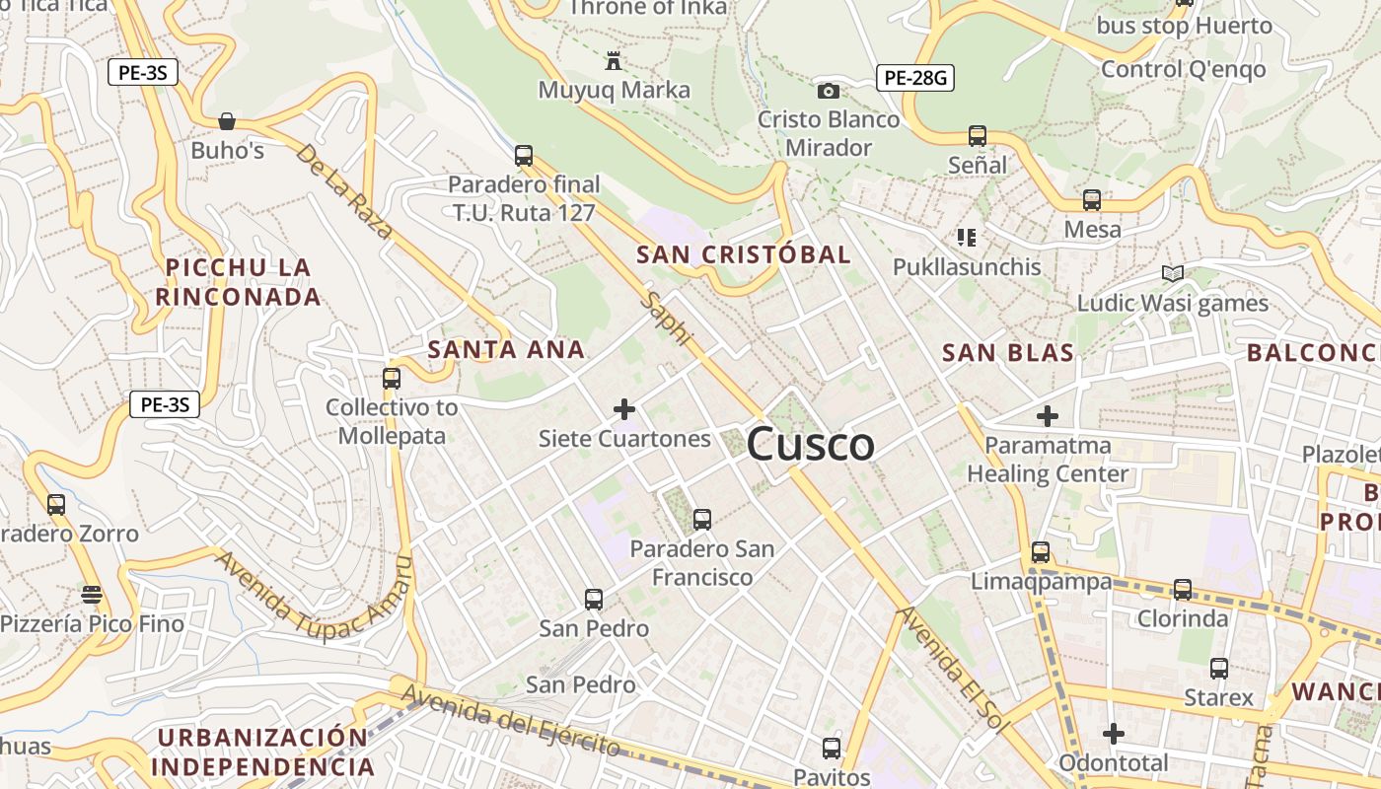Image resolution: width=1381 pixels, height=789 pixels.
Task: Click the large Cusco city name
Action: (810, 444)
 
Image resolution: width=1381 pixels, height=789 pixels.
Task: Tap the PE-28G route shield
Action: (915, 77)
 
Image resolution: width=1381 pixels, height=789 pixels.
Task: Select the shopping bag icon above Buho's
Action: (227, 121)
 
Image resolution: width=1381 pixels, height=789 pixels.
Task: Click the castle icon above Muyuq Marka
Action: (614, 61)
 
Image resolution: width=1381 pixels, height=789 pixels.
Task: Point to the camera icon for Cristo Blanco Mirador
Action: (829, 91)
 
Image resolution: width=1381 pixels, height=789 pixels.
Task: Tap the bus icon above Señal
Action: (977, 135)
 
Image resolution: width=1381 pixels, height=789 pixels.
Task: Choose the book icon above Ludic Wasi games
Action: (1172, 273)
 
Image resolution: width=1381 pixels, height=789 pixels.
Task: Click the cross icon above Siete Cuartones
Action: (623, 408)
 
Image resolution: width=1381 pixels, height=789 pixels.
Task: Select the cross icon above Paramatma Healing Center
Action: (1048, 415)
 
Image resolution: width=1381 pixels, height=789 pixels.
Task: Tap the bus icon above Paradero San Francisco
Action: (701, 519)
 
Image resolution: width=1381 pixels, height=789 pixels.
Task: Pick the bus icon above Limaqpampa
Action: (1041, 552)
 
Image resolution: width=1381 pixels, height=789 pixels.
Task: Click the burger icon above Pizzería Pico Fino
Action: (92, 594)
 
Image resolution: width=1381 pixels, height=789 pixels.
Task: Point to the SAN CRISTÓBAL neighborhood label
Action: (743, 254)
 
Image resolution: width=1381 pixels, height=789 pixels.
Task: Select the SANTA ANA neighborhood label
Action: (506, 349)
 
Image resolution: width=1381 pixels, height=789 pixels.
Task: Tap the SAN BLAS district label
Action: (1007, 352)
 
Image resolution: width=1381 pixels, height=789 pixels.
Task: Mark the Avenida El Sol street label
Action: (954, 669)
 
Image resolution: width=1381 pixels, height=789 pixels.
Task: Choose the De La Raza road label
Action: (343, 191)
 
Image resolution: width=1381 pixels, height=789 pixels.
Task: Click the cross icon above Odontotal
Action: (1113, 734)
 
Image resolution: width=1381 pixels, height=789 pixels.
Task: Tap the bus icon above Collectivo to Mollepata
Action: (392, 378)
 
